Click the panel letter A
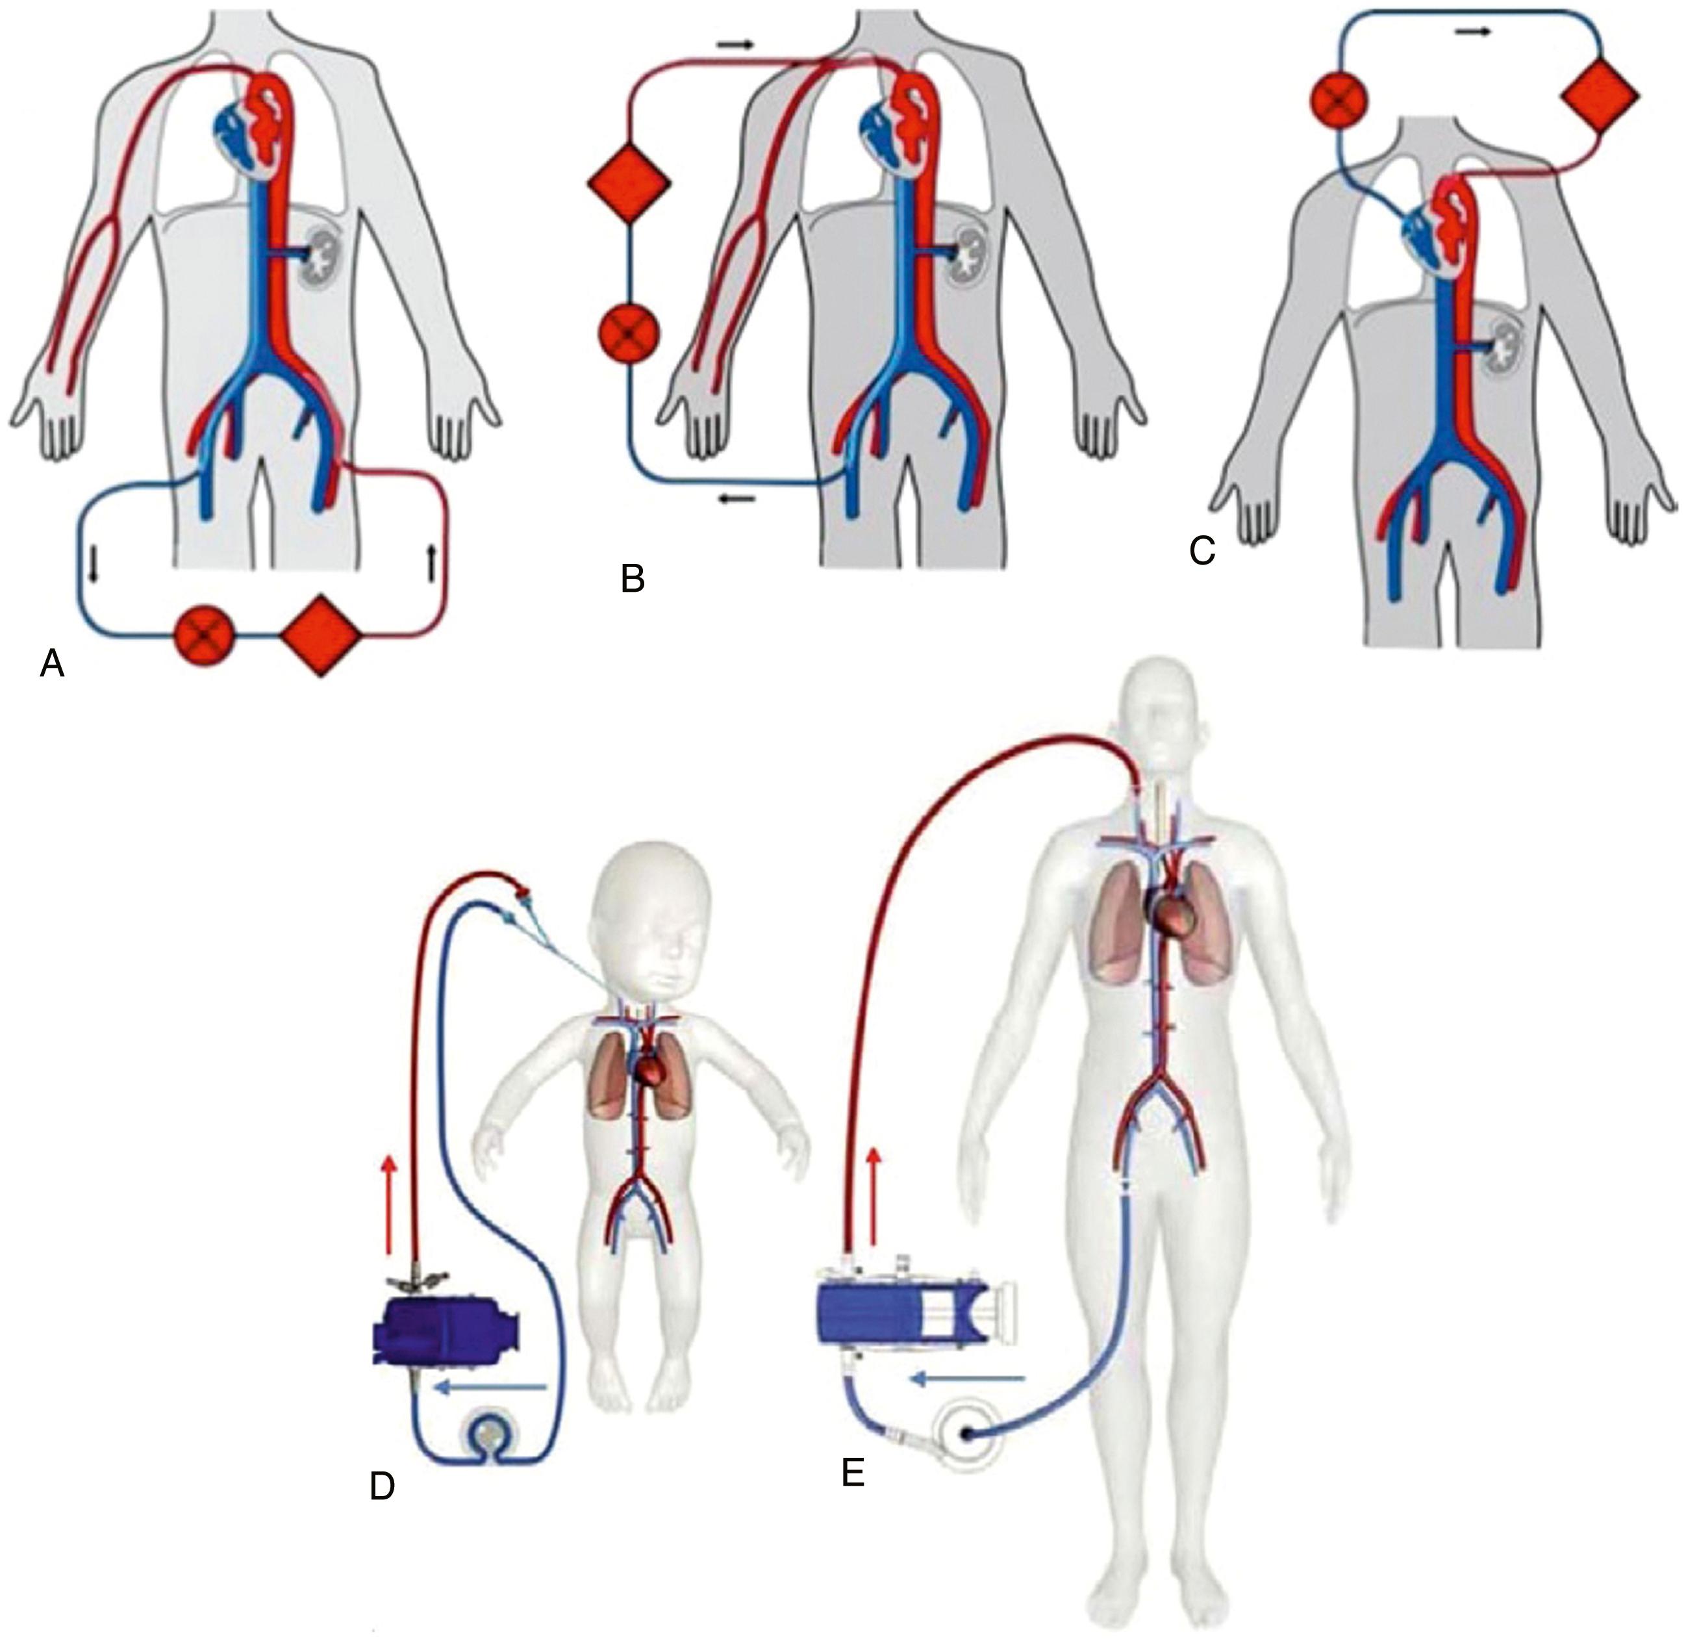click(53, 664)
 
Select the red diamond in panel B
click(628, 182)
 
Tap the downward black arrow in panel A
click(93, 565)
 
